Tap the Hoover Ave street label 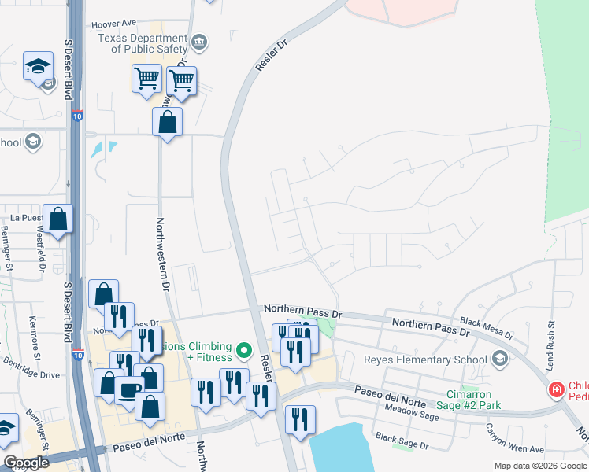[115, 24]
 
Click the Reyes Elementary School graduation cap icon [498, 360]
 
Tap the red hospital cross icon [557, 389]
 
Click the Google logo [26, 463]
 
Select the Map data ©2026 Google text [539, 466]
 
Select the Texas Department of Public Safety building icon [199, 42]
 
